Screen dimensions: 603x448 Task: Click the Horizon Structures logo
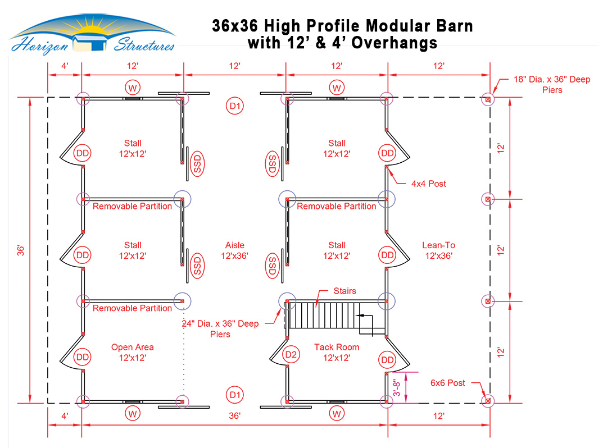pyautogui.click(x=92, y=35)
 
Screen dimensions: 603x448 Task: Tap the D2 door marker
pyautogui.click(x=291, y=354)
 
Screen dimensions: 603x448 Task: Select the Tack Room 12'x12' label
pyautogui.click(x=337, y=353)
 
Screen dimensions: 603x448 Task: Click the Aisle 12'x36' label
pyautogui.click(x=234, y=250)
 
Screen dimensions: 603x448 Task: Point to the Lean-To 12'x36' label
pyautogui.click(x=438, y=250)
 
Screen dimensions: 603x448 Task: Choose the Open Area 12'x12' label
pyautogui.click(x=132, y=353)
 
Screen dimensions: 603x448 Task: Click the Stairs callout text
pyautogui.click(x=344, y=291)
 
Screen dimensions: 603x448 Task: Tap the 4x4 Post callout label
pyautogui.click(x=428, y=184)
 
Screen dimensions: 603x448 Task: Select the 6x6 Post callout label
pyautogui.click(x=448, y=383)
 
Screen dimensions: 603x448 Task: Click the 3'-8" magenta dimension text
pyautogui.click(x=397, y=388)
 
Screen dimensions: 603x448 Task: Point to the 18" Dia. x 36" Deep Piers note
pyautogui.click(x=552, y=85)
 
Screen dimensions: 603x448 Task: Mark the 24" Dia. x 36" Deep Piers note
pyautogui.click(x=220, y=329)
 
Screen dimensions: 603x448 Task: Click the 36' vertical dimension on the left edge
pyautogui.click(x=20, y=250)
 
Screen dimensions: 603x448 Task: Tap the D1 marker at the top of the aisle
pyautogui.click(x=234, y=106)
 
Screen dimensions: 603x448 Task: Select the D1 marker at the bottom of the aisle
pyautogui.click(x=234, y=395)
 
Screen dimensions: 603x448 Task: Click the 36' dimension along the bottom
pyautogui.click(x=234, y=416)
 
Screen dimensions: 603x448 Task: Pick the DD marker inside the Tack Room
pyautogui.click(x=387, y=360)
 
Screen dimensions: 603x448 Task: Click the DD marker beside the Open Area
pyautogui.click(x=82, y=357)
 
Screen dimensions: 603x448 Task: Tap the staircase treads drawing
pyautogui.click(x=334, y=315)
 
